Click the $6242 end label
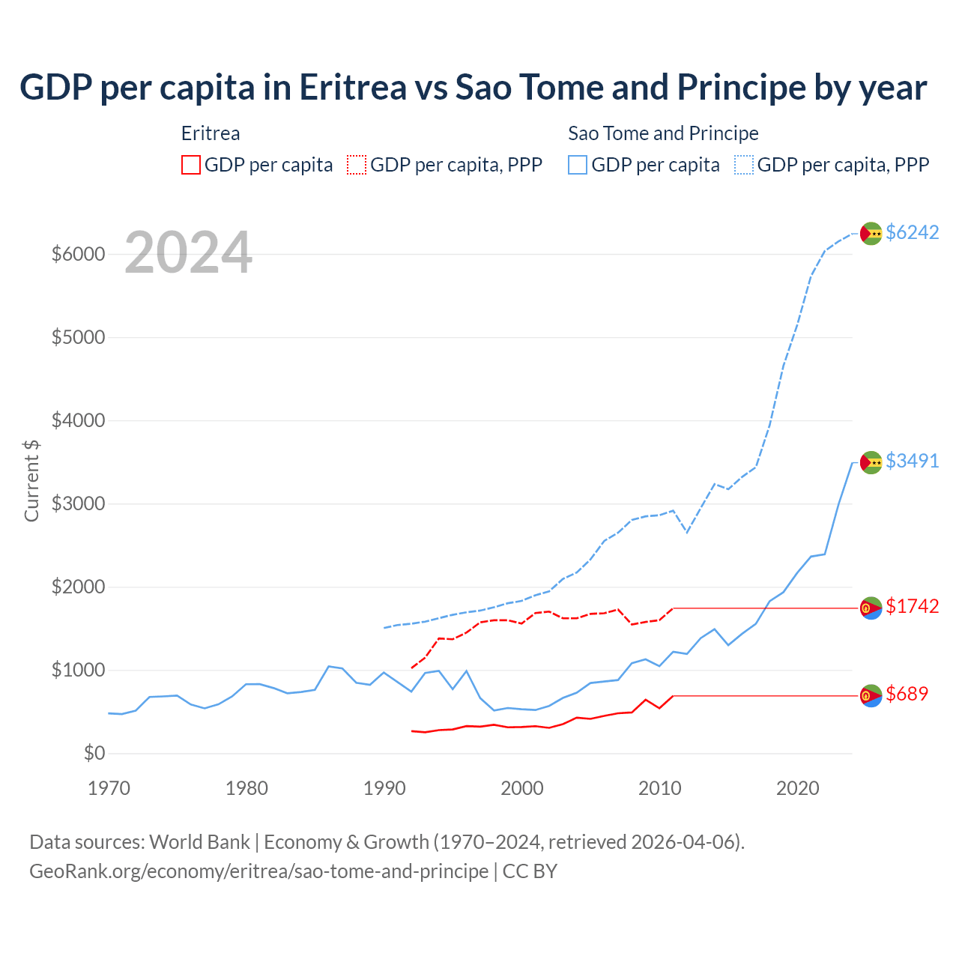912,232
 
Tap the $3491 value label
912,461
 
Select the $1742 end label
912,606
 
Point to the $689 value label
907,694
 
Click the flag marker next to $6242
871,234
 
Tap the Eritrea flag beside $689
871,696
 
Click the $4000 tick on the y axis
78,420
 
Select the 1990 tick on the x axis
384,788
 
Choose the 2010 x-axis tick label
660,788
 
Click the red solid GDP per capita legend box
191,165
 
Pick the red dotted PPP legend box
357,165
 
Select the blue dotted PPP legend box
744,165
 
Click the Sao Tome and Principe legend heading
663,133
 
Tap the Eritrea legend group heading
211,133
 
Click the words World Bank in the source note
199,842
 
